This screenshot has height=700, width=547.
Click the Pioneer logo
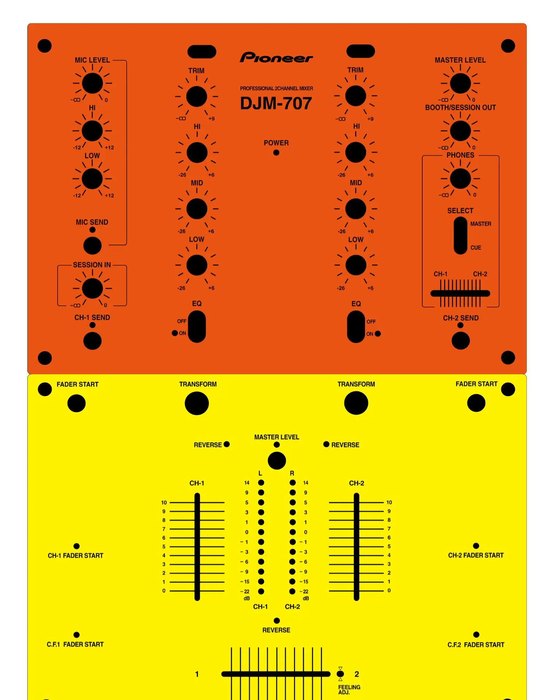(x=276, y=57)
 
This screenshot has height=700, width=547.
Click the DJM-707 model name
(x=276, y=103)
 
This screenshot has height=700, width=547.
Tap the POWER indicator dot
(x=276, y=152)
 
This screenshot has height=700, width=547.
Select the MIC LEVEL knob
(x=92, y=83)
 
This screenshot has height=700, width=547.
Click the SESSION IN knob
(x=92, y=288)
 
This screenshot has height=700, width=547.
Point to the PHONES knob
(x=460, y=178)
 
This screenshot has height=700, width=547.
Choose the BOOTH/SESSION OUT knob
(x=460, y=131)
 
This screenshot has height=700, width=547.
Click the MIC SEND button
(x=92, y=245)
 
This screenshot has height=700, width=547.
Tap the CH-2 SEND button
(x=461, y=341)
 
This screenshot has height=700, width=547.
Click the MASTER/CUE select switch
(x=460, y=235)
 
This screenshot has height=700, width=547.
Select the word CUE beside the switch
(x=476, y=248)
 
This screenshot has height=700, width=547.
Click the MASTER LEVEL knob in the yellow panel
(x=277, y=460)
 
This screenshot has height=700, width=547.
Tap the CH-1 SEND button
(x=92, y=341)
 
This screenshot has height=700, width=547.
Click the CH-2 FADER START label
(x=476, y=555)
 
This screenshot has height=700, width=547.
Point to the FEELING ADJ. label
(x=349, y=689)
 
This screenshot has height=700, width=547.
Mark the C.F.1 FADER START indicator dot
(x=77, y=635)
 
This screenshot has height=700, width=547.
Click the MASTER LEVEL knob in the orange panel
(x=460, y=83)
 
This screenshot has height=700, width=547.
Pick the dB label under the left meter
(x=247, y=598)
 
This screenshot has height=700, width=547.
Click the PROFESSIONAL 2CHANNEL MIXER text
(x=276, y=88)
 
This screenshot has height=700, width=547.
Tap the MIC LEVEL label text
(x=92, y=60)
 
